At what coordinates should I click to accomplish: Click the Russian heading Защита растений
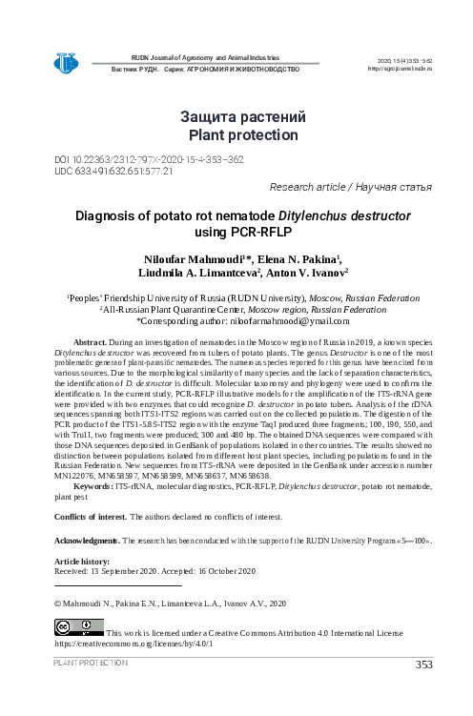(243, 117)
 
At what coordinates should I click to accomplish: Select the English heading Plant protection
(243, 136)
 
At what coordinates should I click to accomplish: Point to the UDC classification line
(114, 172)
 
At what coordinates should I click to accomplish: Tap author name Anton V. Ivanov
(305, 275)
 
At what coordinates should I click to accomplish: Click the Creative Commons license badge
(78, 629)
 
